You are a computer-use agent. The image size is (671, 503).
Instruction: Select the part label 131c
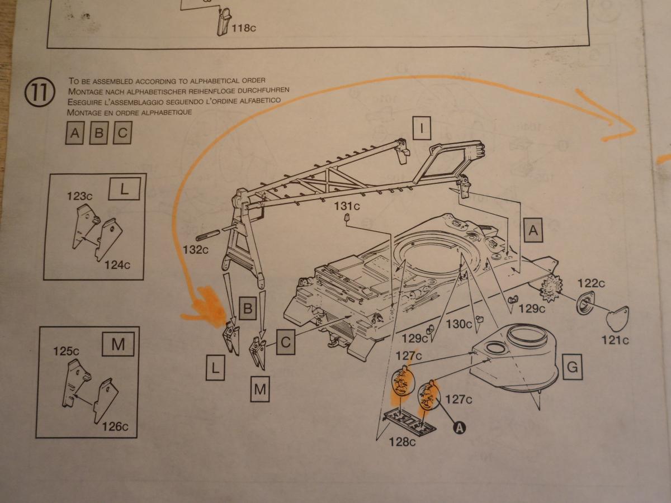coord(347,206)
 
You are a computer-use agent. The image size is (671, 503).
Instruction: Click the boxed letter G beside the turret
coord(571,368)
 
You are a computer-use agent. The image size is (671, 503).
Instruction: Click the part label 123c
coord(79,196)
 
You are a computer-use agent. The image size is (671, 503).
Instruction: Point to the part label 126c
coord(116,426)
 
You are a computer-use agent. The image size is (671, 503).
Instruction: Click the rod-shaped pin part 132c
coord(209,232)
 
